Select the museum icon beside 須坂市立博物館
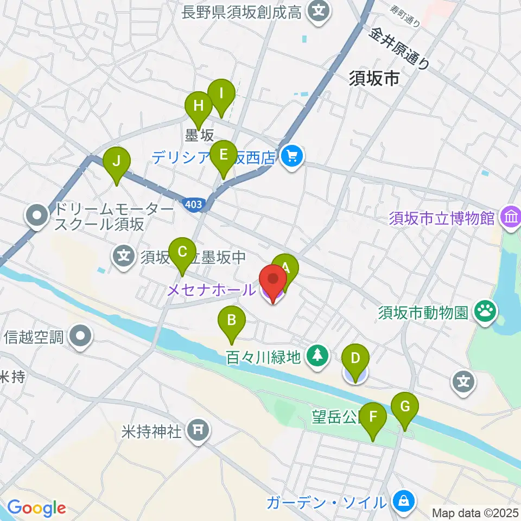(x=511, y=218)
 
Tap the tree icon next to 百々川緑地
(x=316, y=356)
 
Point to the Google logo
(x=36, y=508)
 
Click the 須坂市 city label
(x=373, y=79)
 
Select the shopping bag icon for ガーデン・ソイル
(x=404, y=501)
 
